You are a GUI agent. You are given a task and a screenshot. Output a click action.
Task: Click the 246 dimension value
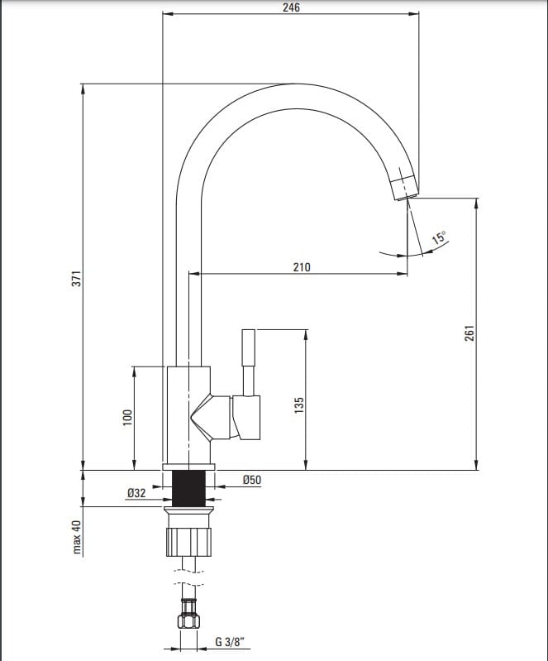click(291, 7)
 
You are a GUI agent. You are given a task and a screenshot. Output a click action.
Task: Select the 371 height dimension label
click(77, 279)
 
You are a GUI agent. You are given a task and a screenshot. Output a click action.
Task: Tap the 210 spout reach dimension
click(302, 267)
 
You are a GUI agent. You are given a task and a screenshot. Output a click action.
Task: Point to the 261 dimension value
click(469, 333)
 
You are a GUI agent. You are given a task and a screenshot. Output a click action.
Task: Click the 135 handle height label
click(298, 405)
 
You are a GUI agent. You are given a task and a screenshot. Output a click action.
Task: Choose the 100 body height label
click(127, 418)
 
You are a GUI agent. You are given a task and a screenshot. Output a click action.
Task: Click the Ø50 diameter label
click(252, 480)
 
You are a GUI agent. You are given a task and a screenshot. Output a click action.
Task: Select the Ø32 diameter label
click(136, 492)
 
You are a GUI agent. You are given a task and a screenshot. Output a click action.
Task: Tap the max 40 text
click(77, 537)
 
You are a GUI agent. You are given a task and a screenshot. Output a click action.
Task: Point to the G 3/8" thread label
click(230, 642)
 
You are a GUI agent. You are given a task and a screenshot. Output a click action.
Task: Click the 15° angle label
click(439, 237)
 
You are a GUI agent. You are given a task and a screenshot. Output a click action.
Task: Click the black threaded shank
click(188, 489)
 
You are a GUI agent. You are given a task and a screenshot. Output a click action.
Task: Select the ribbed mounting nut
click(188, 541)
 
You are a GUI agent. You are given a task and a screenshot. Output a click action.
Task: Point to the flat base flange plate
click(188, 467)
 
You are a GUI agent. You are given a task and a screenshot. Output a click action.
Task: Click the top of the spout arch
click(295, 84)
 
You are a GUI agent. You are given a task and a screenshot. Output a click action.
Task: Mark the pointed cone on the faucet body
click(202, 418)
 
